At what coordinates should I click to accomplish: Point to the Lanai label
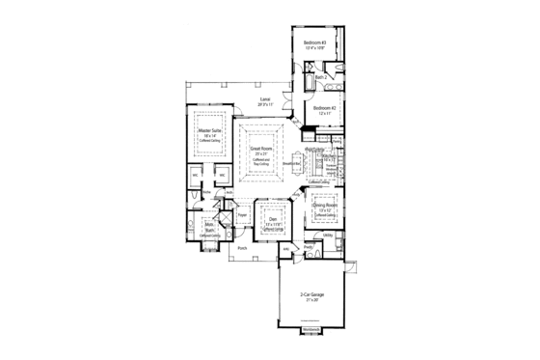click(x=264, y=98)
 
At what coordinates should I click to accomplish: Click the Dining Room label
click(x=325, y=206)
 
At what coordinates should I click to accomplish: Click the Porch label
click(x=242, y=248)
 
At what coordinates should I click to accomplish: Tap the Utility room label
click(x=328, y=235)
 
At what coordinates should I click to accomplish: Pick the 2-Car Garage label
click(x=311, y=292)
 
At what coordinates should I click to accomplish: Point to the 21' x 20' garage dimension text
click(x=311, y=299)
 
